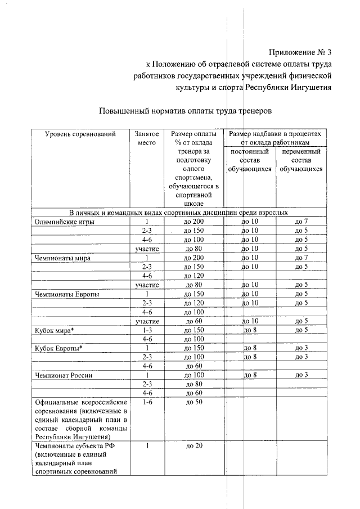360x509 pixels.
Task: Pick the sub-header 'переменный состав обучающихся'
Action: (301, 160)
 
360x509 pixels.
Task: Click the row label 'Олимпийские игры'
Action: (63, 222)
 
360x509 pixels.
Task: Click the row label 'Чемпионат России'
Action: (64, 375)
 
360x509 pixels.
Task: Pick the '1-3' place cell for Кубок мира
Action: (148, 330)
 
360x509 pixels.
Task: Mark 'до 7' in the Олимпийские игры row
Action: (301, 222)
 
